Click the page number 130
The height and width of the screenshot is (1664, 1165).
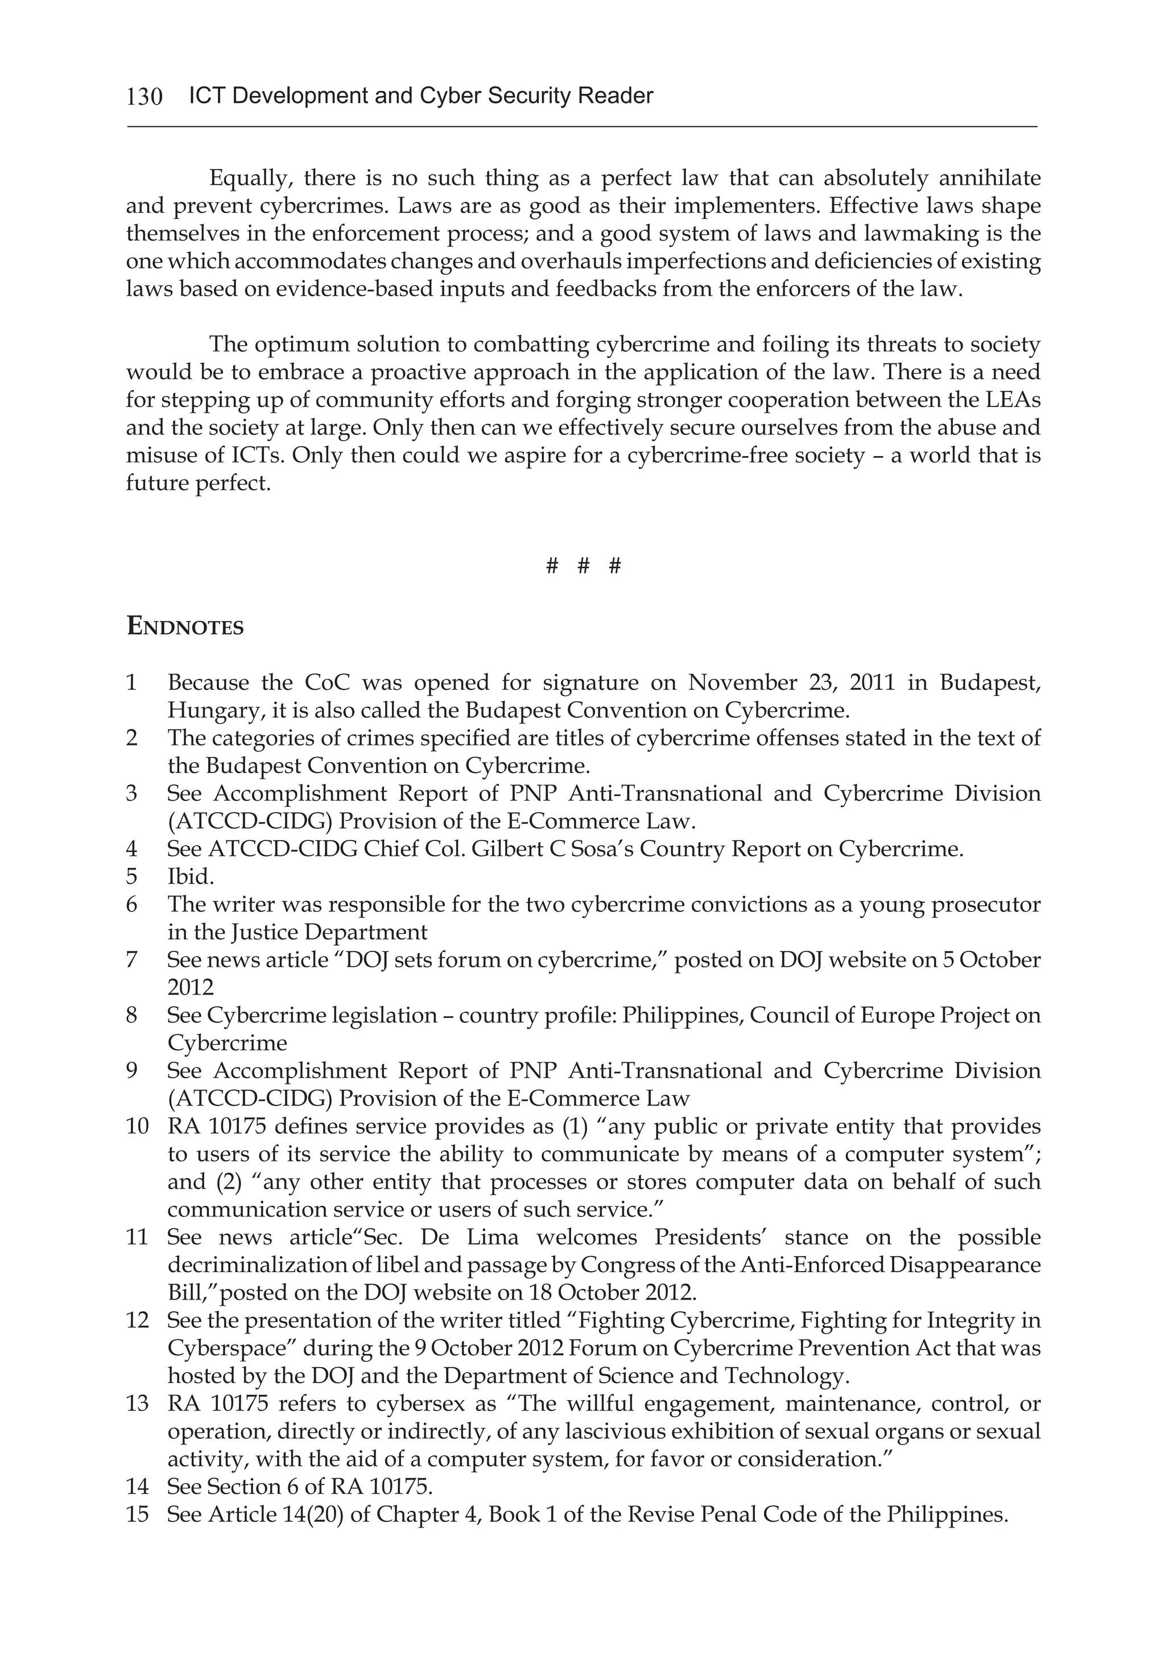pos(144,96)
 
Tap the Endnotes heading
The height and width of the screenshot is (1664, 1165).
pos(185,626)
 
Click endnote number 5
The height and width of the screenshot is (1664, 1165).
pos(131,877)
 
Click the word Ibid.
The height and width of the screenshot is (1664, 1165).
pos(191,877)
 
